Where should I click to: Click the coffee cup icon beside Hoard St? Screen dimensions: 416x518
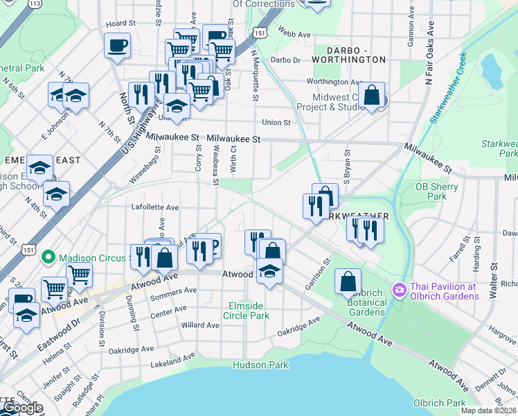[117, 45]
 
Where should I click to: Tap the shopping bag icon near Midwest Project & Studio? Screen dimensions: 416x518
[372, 96]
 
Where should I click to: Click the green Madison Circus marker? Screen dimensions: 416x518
[48, 258]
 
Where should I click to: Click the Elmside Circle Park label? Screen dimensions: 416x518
[246, 310]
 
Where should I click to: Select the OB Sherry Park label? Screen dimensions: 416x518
[436, 191]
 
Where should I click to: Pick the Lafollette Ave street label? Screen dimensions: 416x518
[155, 207]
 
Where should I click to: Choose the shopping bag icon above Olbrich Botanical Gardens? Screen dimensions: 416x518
[348, 281]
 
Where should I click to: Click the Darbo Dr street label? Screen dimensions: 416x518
[285, 60]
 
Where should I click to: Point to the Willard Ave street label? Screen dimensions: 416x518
[200, 324]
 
